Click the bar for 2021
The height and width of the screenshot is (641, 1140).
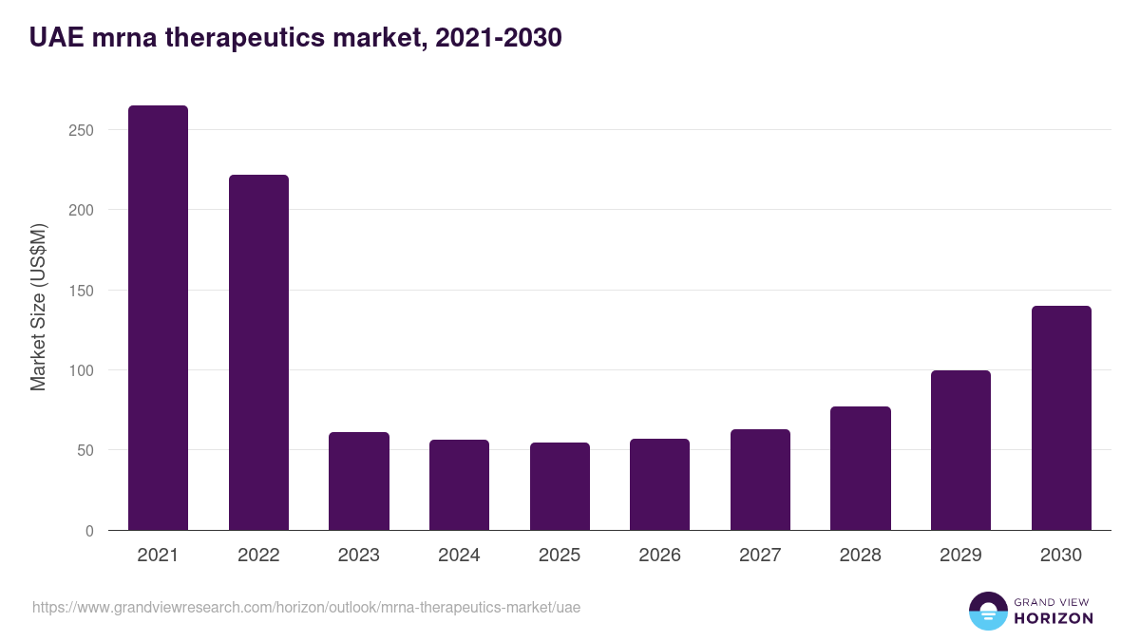tap(158, 318)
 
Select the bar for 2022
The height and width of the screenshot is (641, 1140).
tap(258, 352)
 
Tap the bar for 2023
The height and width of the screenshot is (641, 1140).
tap(359, 481)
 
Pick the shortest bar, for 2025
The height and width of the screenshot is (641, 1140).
tap(560, 486)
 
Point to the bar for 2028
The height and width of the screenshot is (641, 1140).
tap(860, 468)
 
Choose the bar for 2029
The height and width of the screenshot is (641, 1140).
tap(960, 450)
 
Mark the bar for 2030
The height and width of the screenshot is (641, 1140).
tap(1061, 418)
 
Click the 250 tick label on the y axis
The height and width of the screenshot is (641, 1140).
tap(81, 130)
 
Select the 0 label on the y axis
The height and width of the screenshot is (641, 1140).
tap(89, 531)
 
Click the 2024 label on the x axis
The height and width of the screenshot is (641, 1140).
tap(459, 556)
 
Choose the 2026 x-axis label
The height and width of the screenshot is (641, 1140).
tap(659, 556)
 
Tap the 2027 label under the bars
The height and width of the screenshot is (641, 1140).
tap(760, 556)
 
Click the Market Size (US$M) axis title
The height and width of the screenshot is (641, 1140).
tap(38, 307)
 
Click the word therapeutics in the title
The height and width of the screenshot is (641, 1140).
tap(242, 38)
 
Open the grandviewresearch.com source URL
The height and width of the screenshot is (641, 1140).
tap(306, 607)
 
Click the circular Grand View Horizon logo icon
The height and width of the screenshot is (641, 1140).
tap(987, 611)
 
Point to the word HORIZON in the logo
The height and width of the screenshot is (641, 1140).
tap(1054, 618)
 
